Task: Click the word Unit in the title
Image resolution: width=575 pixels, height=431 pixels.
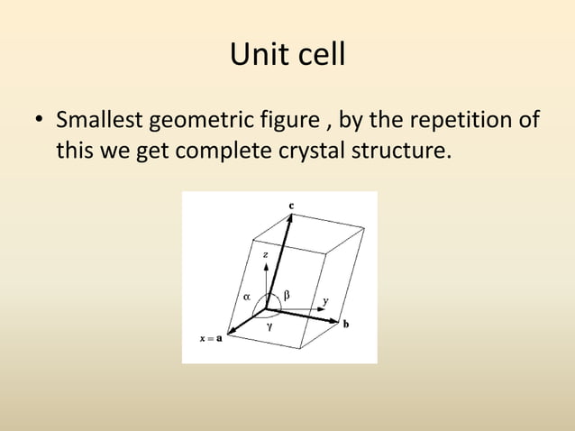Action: [x=256, y=55]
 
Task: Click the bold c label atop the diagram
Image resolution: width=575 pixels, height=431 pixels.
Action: [x=290, y=206]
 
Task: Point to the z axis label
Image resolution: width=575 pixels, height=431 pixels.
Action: [x=264, y=255]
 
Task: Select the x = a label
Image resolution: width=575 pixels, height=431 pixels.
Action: [x=212, y=338]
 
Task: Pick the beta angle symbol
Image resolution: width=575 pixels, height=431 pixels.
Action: [x=287, y=294]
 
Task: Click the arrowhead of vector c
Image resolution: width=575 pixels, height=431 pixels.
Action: [x=288, y=219]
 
